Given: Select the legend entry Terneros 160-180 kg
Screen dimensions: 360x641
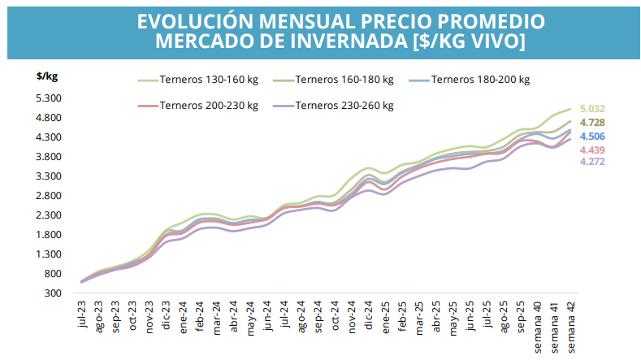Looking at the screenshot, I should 344,80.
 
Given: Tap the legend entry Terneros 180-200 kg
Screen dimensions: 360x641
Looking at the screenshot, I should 480,80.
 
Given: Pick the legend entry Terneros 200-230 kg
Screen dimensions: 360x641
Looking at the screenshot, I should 208,106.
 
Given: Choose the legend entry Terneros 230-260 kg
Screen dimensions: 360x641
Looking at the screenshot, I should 344,106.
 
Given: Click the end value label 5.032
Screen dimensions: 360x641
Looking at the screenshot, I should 592,109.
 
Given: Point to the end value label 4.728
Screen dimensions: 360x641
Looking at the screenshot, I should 592,123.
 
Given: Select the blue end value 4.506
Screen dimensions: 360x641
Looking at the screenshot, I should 592,137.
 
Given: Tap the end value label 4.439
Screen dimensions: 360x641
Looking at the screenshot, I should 592,150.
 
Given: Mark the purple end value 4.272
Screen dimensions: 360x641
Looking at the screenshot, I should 592,162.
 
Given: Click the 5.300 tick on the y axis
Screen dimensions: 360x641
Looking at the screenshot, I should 49,98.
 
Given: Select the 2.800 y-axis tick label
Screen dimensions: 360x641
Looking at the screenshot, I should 49,196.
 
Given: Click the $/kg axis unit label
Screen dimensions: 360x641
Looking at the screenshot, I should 47,76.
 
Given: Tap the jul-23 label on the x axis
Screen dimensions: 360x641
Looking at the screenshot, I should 82,316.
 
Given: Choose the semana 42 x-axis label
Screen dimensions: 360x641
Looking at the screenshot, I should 571,324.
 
